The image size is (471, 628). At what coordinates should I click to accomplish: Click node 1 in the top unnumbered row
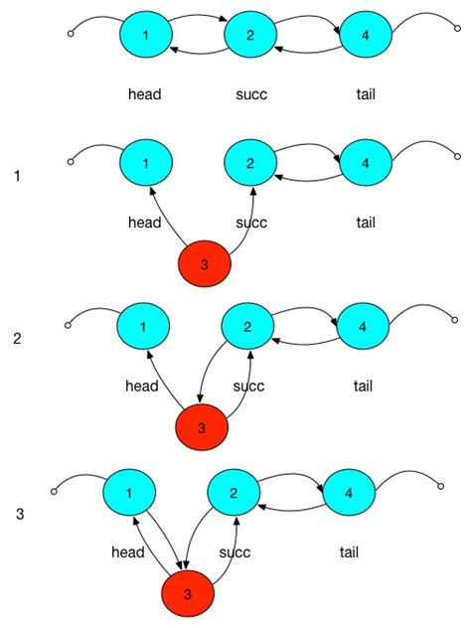coord(146,35)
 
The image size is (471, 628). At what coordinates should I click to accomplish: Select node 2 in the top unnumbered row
coord(250,35)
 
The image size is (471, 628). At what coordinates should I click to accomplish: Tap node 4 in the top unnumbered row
coord(367,35)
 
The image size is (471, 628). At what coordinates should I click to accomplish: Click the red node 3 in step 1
coord(205,264)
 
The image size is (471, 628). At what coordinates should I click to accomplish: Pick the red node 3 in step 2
coord(202,428)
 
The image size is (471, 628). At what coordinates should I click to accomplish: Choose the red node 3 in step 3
coord(188,595)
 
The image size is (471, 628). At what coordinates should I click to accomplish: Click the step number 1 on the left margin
coord(17,176)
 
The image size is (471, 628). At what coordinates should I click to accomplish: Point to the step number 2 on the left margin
coord(17,339)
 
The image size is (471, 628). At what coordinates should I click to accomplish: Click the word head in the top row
coord(145,95)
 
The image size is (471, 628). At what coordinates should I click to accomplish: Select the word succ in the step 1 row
coord(251,223)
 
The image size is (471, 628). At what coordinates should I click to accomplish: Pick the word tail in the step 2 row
coord(363,386)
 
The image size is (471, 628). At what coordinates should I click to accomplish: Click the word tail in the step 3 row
coord(349,552)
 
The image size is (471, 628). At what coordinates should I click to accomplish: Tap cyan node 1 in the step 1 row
coord(146,161)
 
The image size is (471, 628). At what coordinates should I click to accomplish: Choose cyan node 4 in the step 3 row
coord(348,492)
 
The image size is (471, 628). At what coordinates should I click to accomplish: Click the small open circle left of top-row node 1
coord(70,35)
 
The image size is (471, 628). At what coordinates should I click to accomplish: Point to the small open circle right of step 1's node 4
coord(457,157)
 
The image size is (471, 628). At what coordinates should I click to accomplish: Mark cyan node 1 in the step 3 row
coord(131,492)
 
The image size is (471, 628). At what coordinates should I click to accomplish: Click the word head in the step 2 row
coord(142,386)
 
